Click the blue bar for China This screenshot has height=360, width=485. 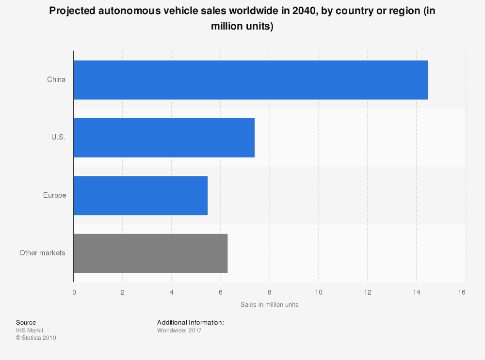251,80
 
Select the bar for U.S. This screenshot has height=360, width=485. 164,138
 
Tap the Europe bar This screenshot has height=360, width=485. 141,195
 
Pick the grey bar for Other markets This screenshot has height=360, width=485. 150,253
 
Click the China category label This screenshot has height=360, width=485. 56,79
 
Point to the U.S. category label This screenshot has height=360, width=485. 58,137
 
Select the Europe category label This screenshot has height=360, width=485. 54,195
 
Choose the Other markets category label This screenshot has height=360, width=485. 42,253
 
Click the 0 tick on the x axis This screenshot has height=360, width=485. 74,292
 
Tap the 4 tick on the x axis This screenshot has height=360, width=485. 171,292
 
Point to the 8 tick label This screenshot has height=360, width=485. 269,292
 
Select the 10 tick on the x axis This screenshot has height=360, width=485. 318,292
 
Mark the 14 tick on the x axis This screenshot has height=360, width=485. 416,292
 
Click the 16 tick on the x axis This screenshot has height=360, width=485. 461,292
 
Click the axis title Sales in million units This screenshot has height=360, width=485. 269,305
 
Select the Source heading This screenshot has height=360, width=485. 26,322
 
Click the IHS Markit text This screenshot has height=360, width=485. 30,330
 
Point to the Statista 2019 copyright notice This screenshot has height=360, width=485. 36,338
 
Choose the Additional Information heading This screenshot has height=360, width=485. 190,322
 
